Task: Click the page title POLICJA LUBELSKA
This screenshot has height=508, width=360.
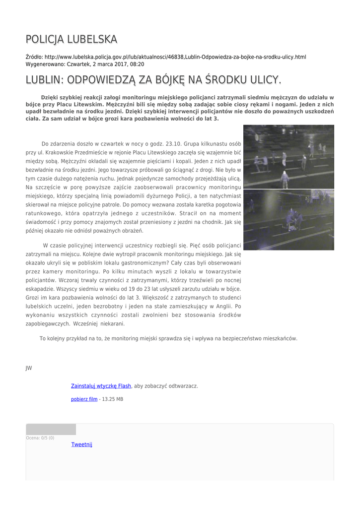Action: [x=72, y=39]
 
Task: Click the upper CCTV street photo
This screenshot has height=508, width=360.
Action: [x=288, y=156]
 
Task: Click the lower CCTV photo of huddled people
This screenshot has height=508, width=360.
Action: [x=288, y=219]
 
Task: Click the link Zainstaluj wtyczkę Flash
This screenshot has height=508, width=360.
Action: [x=101, y=385]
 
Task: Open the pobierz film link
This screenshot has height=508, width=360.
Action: [x=84, y=399]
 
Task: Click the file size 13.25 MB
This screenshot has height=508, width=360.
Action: [x=113, y=399]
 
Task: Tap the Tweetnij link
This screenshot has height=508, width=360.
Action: [x=82, y=444]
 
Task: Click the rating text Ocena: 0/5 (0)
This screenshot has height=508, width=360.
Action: [x=40, y=438]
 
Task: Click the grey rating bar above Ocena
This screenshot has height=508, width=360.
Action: [x=51, y=430]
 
